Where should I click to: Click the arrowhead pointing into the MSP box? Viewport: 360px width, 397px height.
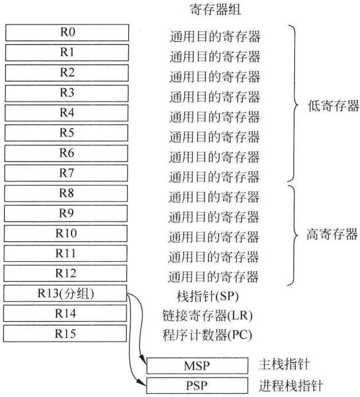pos(144,364)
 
